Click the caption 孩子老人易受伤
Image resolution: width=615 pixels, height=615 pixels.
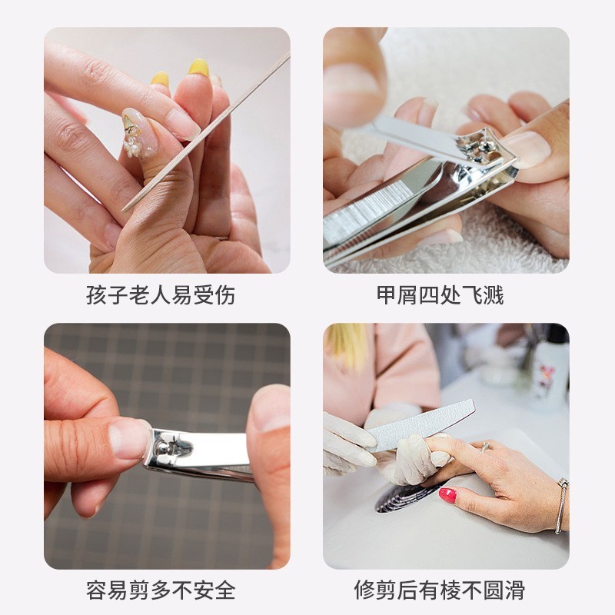161,295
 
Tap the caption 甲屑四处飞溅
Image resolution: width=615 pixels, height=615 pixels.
440,295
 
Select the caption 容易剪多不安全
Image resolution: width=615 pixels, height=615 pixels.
161,590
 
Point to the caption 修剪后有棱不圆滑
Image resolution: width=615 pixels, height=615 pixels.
440,590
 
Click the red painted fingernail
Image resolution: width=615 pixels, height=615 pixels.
447,495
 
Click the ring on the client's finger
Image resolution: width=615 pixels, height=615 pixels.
486,446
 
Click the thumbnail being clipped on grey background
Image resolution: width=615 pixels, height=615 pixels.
128,438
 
